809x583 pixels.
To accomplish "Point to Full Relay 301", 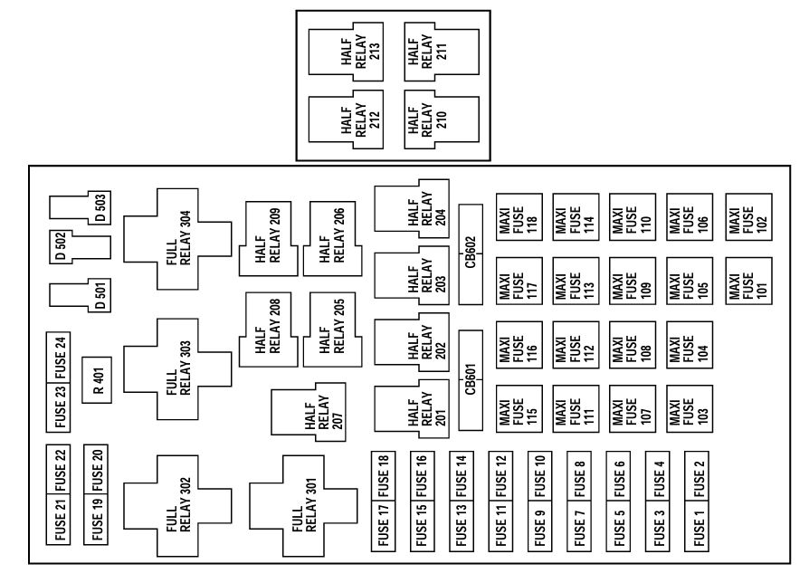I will (299, 511).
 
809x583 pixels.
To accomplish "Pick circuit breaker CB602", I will (471, 254).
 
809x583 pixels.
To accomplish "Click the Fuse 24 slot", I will (61, 356).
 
